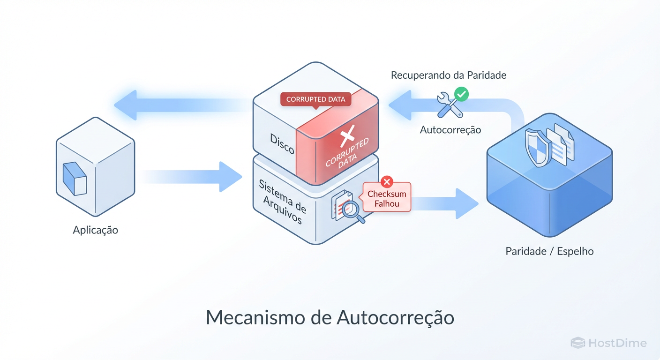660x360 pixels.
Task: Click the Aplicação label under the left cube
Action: pyautogui.click(x=96, y=230)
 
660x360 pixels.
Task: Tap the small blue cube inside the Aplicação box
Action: pyautogui.click(x=75, y=178)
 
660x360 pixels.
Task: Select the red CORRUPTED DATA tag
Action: pyautogui.click(x=315, y=99)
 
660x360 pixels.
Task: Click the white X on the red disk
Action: pyautogui.click(x=346, y=137)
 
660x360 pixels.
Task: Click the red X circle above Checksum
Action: pyautogui.click(x=387, y=181)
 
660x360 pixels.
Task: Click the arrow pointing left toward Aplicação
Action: pyautogui.click(x=178, y=105)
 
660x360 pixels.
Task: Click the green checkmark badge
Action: pyautogui.click(x=462, y=94)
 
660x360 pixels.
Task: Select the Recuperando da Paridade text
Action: pyautogui.click(x=449, y=75)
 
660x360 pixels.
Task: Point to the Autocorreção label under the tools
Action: pyautogui.click(x=450, y=130)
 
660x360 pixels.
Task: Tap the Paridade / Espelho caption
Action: pyautogui.click(x=549, y=251)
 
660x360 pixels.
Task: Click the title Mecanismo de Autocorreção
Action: pyautogui.click(x=330, y=317)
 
